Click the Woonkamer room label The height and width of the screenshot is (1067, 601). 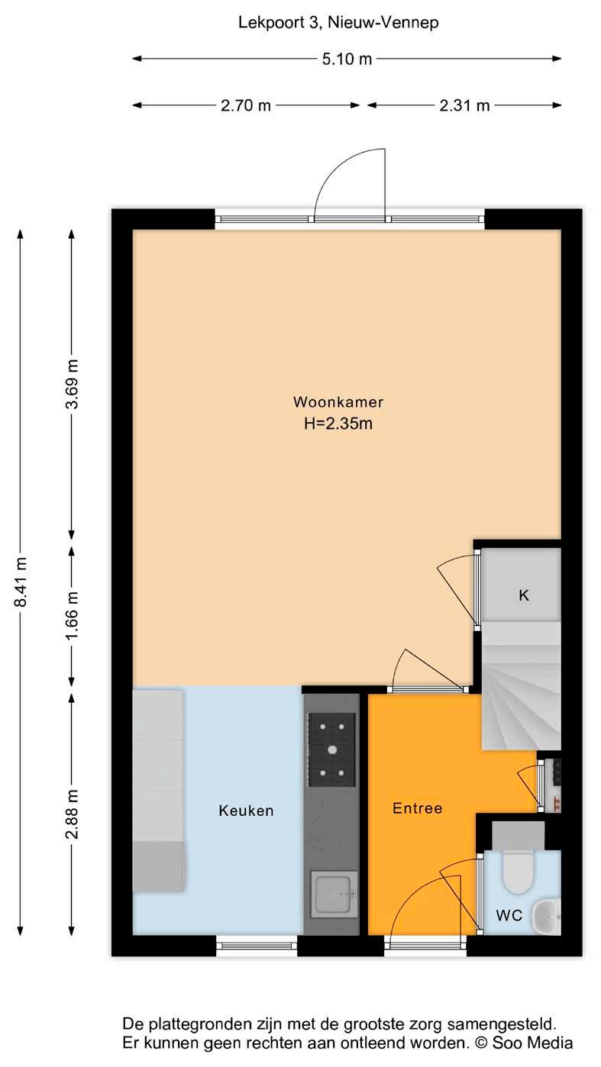(x=338, y=402)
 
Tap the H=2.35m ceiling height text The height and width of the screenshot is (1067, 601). (x=338, y=423)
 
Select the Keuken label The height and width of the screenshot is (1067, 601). (x=246, y=811)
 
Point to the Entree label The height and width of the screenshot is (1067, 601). (x=417, y=808)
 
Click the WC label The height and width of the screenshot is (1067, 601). (x=509, y=915)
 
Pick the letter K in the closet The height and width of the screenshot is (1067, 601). (x=523, y=595)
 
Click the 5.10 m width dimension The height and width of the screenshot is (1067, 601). (x=347, y=59)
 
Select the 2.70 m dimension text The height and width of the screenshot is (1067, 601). (x=245, y=105)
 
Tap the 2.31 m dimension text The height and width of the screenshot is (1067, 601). (x=464, y=105)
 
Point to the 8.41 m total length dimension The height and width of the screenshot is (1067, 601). (x=21, y=582)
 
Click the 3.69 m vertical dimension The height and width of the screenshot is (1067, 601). (x=72, y=384)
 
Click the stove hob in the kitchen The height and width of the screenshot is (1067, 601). (x=331, y=749)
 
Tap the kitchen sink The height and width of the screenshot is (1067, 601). (x=334, y=894)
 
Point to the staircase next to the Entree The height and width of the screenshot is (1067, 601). (x=521, y=685)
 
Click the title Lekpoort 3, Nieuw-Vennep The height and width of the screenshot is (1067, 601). (x=338, y=22)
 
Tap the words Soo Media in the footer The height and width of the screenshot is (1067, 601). (x=532, y=1043)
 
